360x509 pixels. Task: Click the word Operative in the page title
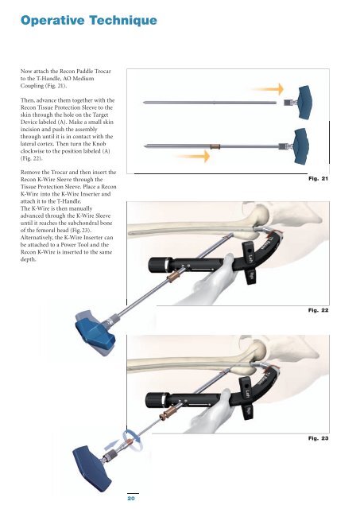(52, 21)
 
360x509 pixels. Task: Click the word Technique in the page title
(123, 21)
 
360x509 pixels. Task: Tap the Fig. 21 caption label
(318, 178)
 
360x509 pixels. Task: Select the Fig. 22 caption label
(318, 310)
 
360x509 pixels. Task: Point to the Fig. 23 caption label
(318, 438)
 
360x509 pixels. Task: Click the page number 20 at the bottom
(131, 499)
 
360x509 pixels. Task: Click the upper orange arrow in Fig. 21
(268, 89)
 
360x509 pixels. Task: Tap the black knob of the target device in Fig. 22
(157, 265)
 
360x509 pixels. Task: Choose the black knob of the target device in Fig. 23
(153, 400)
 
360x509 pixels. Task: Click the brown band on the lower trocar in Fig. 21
(215, 146)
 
